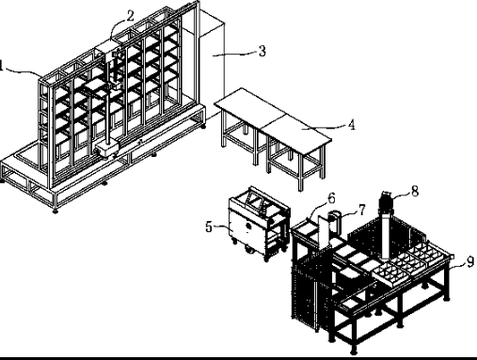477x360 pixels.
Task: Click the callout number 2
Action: [x=130, y=16]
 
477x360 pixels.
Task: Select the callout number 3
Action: [x=262, y=51]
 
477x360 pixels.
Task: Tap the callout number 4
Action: [x=352, y=125]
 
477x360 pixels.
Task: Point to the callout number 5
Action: [x=209, y=227]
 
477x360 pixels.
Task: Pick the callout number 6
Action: [x=331, y=198]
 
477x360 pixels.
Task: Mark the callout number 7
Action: [x=362, y=210]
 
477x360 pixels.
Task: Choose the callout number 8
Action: [x=415, y=191]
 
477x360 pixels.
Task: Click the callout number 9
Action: [x=469, y=261]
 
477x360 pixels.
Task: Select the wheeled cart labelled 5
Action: [x=259, y=224]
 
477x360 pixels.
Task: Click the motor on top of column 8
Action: [x=386, y=201]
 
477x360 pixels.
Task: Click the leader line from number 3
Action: [x=235, y=55]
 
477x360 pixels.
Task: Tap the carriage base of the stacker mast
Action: [x=106, y=148]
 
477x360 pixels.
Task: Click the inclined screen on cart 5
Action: [x=255, y=201]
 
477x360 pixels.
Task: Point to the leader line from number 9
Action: [x=457, y=266]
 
